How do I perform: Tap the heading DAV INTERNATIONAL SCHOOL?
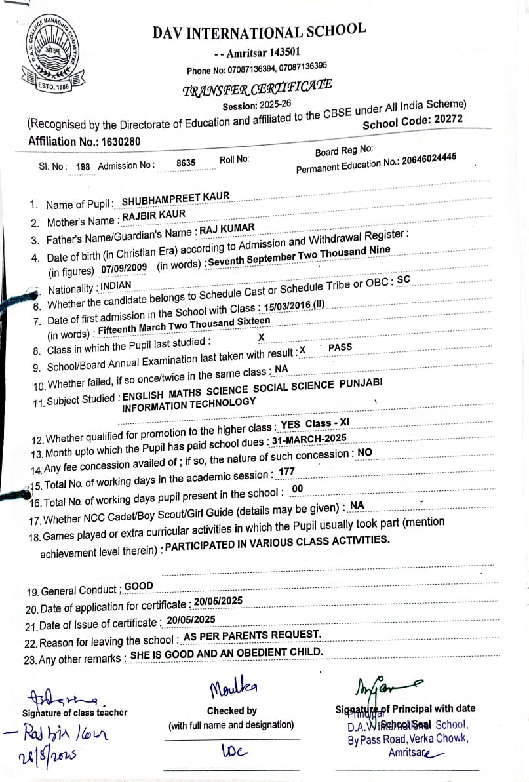point(259,33)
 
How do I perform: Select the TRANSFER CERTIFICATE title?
point(257,88)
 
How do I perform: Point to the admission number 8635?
point(186,163)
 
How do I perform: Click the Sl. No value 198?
point(83,167)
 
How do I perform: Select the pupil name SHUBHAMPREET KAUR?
point(176,198)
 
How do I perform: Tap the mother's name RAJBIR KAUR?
point(153,214)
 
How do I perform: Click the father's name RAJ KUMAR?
point(227,229)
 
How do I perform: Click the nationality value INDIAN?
point(116,285)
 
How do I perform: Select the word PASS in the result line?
point(340,347)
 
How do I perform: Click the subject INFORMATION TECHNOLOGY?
point(189,404)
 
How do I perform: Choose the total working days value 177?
point(287,471)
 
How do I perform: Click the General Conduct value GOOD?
point(138,586)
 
